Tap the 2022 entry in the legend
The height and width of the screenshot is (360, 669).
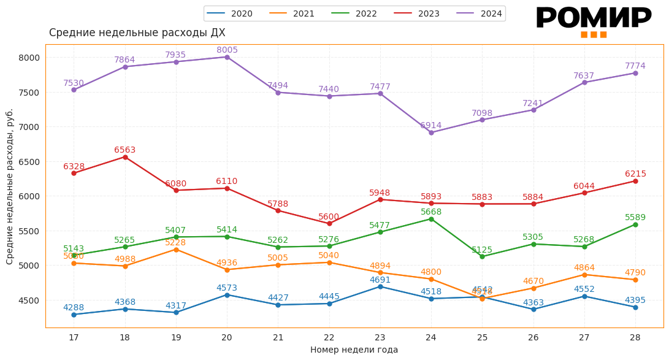(358, 13)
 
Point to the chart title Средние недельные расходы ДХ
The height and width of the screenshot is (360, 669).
(137, 33)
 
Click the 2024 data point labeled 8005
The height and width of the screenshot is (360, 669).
(227, 57)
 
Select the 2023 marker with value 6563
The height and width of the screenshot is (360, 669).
(125, 157)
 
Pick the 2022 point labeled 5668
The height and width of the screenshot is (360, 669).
(431, 219)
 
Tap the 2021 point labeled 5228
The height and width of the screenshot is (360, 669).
(176, 250)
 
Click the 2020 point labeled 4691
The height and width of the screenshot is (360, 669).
(380, 286)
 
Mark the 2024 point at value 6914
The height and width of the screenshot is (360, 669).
(431, 132)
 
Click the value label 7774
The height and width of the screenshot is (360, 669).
(635, 66)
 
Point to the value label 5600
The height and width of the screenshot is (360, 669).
(329, 217)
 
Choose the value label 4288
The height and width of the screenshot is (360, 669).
(74, 308)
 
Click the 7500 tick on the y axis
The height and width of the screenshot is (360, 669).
(28, 93)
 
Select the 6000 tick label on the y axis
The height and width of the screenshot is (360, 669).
(28, 196)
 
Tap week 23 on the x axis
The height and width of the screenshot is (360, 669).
(380, 337)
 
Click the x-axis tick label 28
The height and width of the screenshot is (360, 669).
(635, 337)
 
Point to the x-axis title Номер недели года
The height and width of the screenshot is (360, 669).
(354, 350)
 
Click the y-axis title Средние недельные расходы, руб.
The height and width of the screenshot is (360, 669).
(10, 186)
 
